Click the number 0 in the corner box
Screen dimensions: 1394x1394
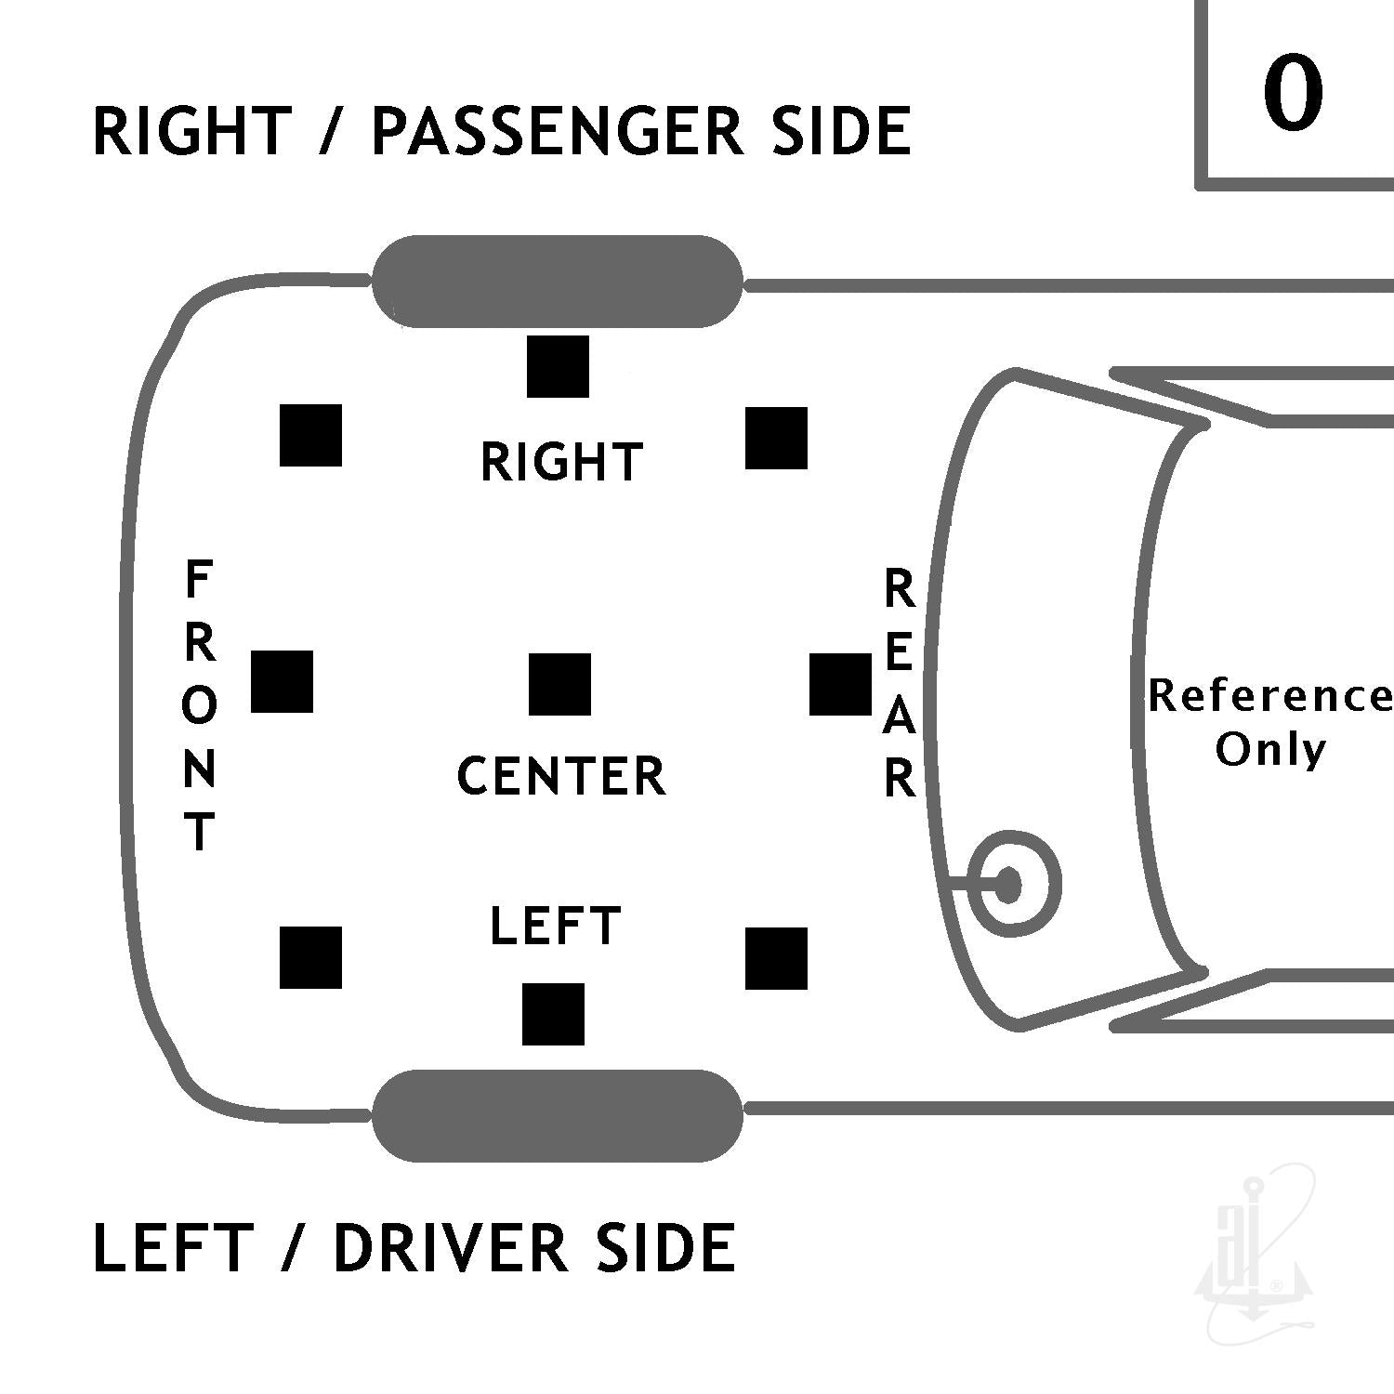[x=1293, y=92]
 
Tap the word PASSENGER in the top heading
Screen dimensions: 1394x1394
[x=557, y=130]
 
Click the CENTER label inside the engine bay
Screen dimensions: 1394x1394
[x=561, y=776]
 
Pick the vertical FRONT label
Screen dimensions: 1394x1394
[x=199, y=705]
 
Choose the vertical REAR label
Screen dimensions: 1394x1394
[x=899, y=684]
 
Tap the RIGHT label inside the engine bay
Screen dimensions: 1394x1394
[x=561, y=462]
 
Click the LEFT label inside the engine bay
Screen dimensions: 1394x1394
[x=555, y=926]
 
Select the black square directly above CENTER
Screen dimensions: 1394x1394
[x=559, y=684]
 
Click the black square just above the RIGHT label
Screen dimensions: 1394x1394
[x=558, y=366]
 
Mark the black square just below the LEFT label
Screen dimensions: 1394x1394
[x=553, y=1014]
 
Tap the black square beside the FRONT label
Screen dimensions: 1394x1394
[x=282, y=681]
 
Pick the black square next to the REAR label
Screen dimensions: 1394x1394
[x=840, y=684]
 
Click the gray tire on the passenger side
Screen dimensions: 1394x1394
[x=558, y=281]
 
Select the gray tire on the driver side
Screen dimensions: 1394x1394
[x=558, y=1115]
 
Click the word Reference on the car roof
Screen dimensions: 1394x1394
[x=1270, y=696]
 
